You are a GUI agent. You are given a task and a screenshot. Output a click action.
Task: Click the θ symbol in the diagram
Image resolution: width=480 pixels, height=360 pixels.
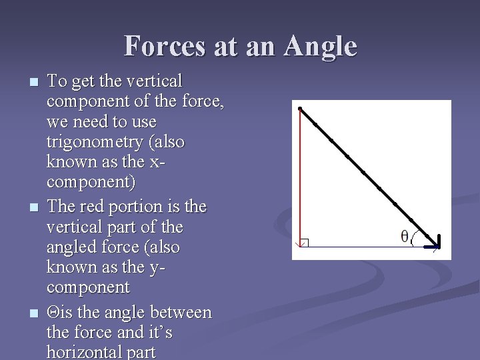point(404,236)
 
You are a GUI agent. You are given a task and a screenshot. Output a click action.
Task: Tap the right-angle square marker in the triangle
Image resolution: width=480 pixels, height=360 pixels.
point(305,243)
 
